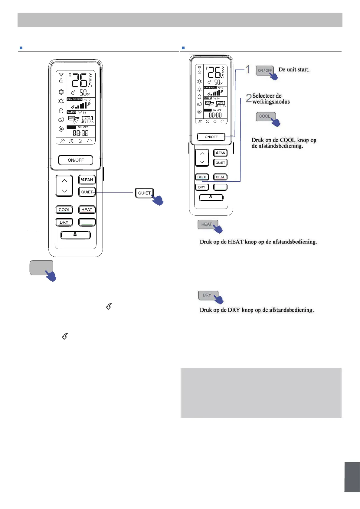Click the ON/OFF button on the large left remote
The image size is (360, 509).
click(x=76, y=160)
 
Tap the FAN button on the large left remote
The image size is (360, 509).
click(x=87, y=180)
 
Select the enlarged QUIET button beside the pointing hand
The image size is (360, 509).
click(x=144, y=193)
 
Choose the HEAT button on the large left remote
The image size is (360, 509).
click(x=87, y=210)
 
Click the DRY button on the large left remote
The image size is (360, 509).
click(x=64, y=222)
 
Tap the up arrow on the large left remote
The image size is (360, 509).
click(x=64, y=181)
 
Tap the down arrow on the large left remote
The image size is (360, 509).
click(x=64, y=191)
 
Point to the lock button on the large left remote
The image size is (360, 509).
click(x=75, y=235)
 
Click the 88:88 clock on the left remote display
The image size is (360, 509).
click(x=80, y=133)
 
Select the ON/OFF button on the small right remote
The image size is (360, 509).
click(x=211, y=137)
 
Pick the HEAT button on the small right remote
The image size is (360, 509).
click(x=220, y=177)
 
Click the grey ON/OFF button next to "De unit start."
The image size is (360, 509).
click(x=265, y=70)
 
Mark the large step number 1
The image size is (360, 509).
click(x=248, y=69)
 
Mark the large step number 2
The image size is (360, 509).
click(x=248, y=98)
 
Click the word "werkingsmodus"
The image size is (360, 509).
click(x=271, y=102)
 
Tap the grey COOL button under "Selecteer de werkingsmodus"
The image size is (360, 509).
click(x=265, y=116)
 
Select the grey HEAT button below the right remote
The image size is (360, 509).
click(x=207, y=224)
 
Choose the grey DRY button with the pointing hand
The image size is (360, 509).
click(x=207, y=295)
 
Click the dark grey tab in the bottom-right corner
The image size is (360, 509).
click(x=352, y=477)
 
